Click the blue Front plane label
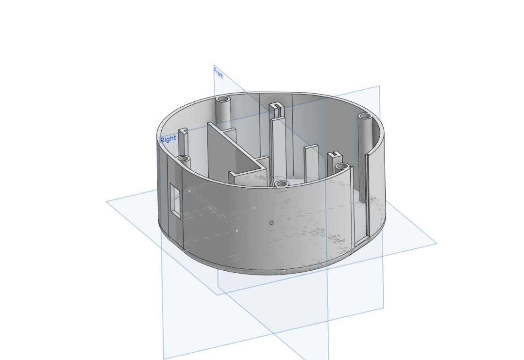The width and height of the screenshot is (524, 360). [218, 72]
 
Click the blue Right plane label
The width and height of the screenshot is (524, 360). [168, 139]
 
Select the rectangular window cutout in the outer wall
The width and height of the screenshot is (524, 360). [175, 201]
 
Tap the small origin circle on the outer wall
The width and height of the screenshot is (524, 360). [271, 222]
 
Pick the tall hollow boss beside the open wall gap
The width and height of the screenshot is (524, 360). [365, 157]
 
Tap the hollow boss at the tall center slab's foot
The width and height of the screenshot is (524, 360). [282, 184]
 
